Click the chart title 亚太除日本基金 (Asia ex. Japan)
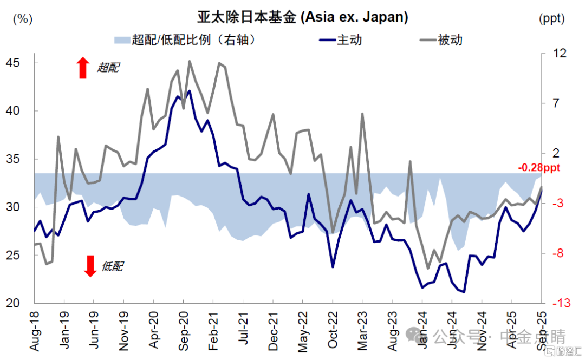(302, 17)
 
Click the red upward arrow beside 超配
(82, 68)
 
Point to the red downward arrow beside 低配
(90, 265)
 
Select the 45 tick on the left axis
(17, 63)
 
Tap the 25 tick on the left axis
(17, 255)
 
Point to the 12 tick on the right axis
(560, 53)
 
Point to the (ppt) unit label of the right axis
(552, 18)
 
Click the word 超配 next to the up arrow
(108, 68)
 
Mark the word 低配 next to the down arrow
(112, 266)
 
